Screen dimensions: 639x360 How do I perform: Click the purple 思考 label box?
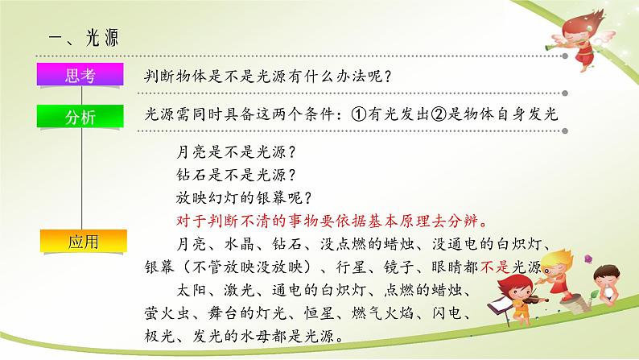tap(80, 74)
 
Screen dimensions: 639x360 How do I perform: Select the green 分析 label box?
tap(80, 116)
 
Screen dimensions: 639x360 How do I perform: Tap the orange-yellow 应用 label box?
tap(83, 241)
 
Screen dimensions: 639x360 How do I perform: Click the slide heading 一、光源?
tap(84, 38)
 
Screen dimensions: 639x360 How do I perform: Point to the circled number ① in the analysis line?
tap(359, 114)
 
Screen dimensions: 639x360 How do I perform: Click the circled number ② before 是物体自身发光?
tap(439, 114)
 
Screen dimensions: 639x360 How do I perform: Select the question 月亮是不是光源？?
tap(236, 152)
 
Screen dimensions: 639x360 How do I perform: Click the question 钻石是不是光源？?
tap(236, 175)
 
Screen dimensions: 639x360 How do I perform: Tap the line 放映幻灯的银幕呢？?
tap(244, 198)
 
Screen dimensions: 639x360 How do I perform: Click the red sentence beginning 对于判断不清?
tap(332, 221)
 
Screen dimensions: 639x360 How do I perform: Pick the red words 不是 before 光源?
tap(495, 267)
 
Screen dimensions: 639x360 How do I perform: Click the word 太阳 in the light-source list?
tap(191, 290)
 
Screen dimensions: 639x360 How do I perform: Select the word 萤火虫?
tap(167, 313)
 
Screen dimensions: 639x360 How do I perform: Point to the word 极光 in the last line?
tap(159, 336)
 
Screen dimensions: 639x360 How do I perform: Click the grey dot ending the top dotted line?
tap(565, 56)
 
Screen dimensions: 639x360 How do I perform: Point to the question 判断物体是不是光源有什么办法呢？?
tap(268, 77)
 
